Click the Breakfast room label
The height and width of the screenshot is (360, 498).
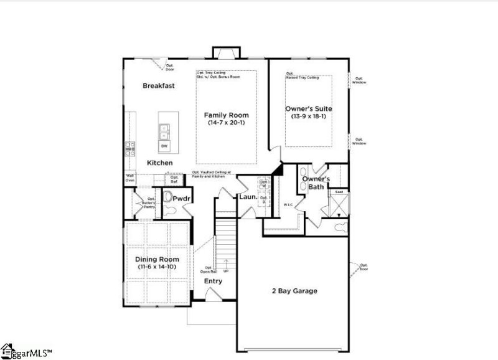click(158, 85)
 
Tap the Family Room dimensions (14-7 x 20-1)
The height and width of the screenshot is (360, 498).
click(228, 123)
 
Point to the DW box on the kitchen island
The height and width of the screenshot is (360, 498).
click(165, 146)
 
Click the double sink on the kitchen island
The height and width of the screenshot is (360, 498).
click(165, 131)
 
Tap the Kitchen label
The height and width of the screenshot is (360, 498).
click(159, 163)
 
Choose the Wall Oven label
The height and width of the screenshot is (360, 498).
click(130, 178)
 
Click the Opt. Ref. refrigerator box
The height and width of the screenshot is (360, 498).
click(174, 179)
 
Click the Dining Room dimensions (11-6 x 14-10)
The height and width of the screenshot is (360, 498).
click(158, 267)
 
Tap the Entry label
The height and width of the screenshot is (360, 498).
click(213, 282)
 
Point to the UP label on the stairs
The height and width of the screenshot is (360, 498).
click(226, 270)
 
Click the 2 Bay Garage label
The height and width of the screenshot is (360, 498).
click(294, 291)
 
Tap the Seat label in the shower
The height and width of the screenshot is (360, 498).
click(339, 192)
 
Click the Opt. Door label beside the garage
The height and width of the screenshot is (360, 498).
click(363, 268)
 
